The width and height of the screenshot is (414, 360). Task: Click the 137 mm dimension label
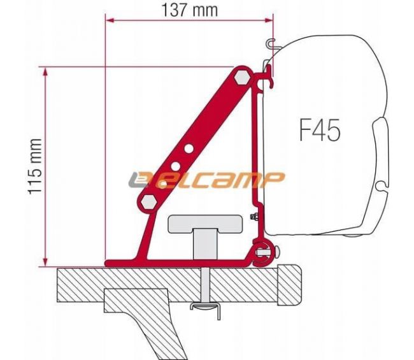coord(188,10)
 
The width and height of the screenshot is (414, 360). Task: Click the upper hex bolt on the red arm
coord(242,78)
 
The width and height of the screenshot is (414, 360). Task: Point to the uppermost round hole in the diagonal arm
coord(189,150)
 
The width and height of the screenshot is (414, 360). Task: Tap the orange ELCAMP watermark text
coord(210,180)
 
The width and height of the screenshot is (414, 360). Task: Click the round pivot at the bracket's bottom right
coord(262,250)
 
